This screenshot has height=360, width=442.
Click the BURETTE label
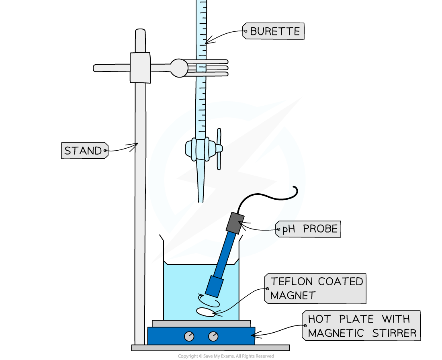(x=275, y=31)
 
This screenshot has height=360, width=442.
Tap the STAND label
(x=83, y=151)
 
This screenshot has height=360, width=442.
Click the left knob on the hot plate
(x=189, y=336)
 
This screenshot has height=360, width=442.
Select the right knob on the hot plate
(x=213, y=336)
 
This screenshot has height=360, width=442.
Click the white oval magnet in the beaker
(x=205, y=312)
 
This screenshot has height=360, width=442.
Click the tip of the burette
(x=201, y=200)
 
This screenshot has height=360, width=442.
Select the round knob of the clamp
(x=179, y=68)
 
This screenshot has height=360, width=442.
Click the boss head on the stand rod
(x=140, y=67)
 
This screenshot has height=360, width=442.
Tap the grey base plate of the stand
(x=210, y=348)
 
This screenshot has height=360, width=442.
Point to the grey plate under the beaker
(x=201, y=324)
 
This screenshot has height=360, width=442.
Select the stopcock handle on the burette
(x=219, y=149)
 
